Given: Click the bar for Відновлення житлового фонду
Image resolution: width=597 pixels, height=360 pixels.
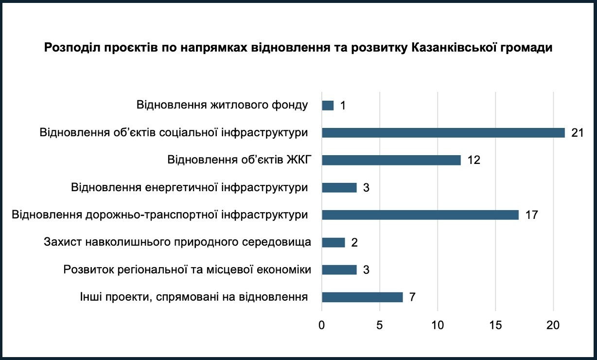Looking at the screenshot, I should [328, 106].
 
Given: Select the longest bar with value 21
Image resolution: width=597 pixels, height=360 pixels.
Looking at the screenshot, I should [443, 133].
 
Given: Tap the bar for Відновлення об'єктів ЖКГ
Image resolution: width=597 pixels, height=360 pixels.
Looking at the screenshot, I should [391, 160].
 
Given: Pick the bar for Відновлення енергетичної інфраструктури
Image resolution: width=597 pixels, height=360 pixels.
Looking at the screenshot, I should [339, 187].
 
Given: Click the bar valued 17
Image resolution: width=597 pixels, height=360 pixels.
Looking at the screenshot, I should [420, 215].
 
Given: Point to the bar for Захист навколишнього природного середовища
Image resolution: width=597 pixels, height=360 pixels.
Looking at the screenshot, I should [333, 242].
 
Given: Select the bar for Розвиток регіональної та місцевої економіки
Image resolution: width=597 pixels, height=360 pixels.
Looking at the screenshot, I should [339, 270].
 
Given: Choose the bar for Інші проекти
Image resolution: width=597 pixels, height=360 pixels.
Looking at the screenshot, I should [362, 297].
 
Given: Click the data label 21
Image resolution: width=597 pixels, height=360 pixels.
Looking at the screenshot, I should [577, 133].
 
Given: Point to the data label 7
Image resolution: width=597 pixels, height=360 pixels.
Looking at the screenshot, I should [412, 297].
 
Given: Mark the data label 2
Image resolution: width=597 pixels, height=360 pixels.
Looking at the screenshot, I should [354, 242].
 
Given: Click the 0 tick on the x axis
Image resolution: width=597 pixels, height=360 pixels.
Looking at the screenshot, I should [322, 325].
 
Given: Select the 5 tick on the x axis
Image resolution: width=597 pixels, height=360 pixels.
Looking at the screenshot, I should [380, 325].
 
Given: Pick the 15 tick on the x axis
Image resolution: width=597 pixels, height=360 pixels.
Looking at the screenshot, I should [495, 325].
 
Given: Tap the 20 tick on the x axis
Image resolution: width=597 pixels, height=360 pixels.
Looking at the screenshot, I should [553, 325].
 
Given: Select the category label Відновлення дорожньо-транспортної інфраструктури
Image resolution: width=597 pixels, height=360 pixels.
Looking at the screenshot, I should [160, 215].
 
